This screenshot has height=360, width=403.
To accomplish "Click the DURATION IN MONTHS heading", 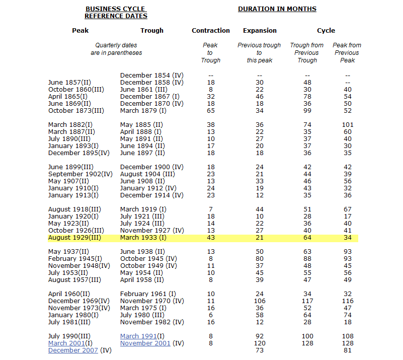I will click(277, 9).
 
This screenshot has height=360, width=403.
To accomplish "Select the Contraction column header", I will click(211, 31).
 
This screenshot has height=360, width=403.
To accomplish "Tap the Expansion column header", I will click(260, 31).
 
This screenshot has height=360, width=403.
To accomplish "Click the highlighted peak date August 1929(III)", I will click(74, 238).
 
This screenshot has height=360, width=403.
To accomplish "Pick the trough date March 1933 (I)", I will click(143, 238).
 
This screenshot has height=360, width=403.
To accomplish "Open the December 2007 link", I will click(73, 350).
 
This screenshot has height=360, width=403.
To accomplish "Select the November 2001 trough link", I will click(145, 343).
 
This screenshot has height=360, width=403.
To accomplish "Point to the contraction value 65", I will click(211, 111).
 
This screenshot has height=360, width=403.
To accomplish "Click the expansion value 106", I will click(260, 301).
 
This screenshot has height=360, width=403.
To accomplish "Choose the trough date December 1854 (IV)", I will click(152, 76).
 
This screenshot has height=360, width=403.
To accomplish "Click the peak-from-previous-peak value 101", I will click(347, 125).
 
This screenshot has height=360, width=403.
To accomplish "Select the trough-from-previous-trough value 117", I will click(307, 301).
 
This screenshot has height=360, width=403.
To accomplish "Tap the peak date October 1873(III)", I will click(76, 111).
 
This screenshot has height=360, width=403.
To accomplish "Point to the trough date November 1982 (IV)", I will click(152, 322).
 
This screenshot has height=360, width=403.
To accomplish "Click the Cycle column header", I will click(326, 31).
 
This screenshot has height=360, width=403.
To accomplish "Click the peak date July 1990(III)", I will click(69, 336).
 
